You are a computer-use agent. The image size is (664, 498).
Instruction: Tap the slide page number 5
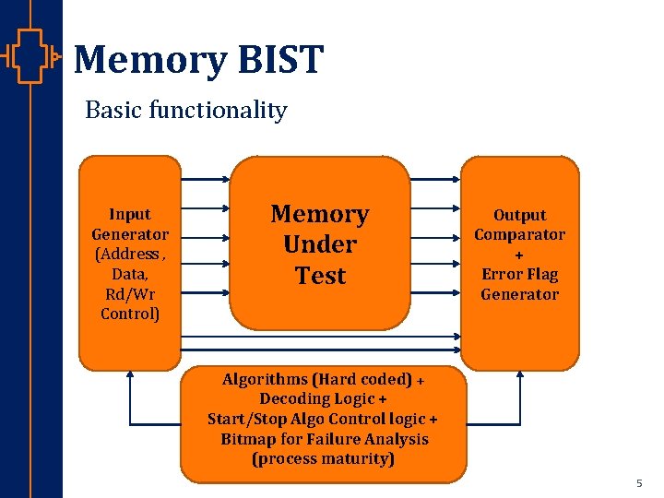[x=638, y=483]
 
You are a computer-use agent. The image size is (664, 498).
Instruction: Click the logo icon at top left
[x=30, y=58]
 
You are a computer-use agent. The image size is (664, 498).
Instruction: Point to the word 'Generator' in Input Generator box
[x=130, y=234]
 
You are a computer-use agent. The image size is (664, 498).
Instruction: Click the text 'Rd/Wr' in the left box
[x=130, y=294]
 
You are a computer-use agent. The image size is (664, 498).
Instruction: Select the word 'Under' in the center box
[x=320, y=244]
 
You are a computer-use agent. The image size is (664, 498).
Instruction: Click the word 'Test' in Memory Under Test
[x=320, y=276]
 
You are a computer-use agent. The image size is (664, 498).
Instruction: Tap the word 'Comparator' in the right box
[x=519, y=234]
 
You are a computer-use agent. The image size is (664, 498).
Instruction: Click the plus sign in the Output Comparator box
[x=519, y=255]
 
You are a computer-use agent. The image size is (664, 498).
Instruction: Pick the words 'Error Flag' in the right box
[x=519, y=274]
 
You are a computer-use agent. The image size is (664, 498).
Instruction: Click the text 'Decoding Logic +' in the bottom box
[x=322, y=398]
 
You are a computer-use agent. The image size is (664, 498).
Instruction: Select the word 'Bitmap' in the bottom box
[x=249, y=439]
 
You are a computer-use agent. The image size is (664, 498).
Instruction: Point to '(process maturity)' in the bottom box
[x=322, y=458]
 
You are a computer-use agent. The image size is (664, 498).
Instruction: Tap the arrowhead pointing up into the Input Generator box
[x=130, y=374]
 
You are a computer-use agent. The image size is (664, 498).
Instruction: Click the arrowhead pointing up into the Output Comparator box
[x=520, y=374]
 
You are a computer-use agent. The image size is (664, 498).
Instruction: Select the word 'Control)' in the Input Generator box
[x=130, y=314]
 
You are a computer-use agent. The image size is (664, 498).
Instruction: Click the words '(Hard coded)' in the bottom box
[x=362, y=379]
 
